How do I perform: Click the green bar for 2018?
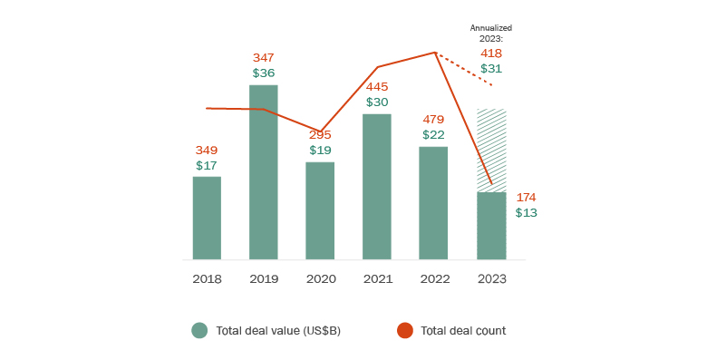(207, 219)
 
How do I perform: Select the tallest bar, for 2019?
(264, 172)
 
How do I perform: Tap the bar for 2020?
(320, 211)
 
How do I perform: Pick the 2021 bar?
(377, 187)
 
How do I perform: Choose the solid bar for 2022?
(433, 203)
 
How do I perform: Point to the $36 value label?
(264, 73)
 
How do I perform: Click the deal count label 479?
(433, 119)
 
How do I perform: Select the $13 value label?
(527, 213)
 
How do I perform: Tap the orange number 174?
(527, 197)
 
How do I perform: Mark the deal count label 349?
(207, 150)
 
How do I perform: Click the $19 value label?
(320, 151)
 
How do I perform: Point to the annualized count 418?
(491, 54)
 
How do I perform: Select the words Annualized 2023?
(491, 34)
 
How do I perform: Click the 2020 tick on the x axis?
(320, 278)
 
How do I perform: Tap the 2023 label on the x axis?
(491, 278)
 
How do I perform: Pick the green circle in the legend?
(199, 330)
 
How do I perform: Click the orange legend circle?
(404, 330)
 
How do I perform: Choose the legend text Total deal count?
(463, 331)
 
